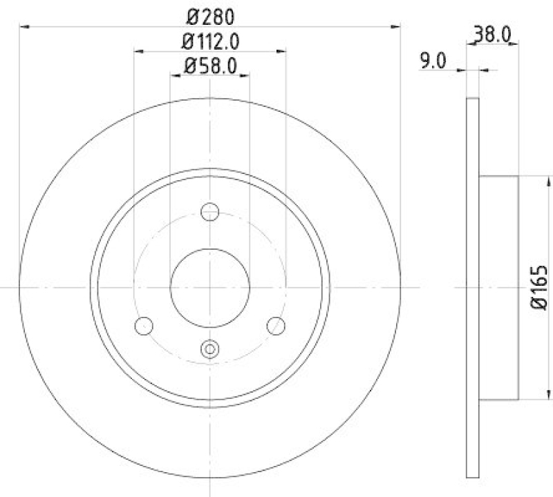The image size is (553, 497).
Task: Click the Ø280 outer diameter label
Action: click(x=209, y=15)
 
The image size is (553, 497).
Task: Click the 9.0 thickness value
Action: click(x=432, y=61)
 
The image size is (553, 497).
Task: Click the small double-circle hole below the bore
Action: click(x=209, y=349)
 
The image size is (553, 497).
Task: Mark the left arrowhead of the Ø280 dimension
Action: click(x=23, y=27)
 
